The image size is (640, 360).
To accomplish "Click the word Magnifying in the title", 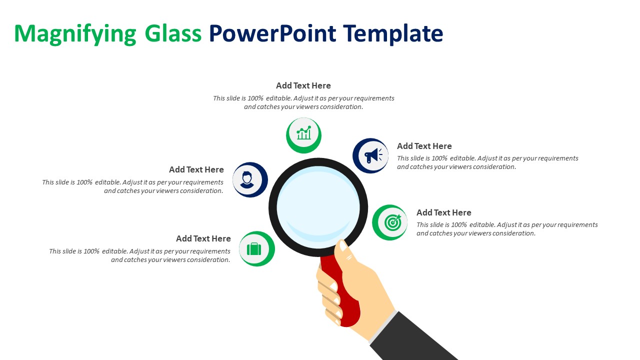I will click(x=75, y=34).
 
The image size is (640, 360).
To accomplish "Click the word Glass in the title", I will click(x=173, y=34).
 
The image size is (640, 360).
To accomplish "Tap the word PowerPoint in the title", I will click(x=272, y=34).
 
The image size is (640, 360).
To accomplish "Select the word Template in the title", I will click(x=393, y=34).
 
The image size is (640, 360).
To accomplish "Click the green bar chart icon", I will click(x=303, y=134).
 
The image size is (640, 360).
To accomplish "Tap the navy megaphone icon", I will click(x=371, y=155).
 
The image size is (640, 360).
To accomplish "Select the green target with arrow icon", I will click(x=391, y=222).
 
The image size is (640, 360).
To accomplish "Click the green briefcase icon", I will click(x=254, y=248).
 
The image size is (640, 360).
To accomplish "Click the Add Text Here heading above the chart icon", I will click(x=303, y=85).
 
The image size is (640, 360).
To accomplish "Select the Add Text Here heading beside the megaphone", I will click(x=424, y=146).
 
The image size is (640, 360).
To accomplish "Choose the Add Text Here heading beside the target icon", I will click(x=444, y=212).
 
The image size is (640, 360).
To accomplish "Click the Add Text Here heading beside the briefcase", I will click(x=203, y=238).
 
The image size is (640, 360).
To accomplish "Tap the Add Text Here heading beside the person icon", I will click(x=196, y=169).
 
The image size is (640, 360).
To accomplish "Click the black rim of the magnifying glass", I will click(x=272, y=207).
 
